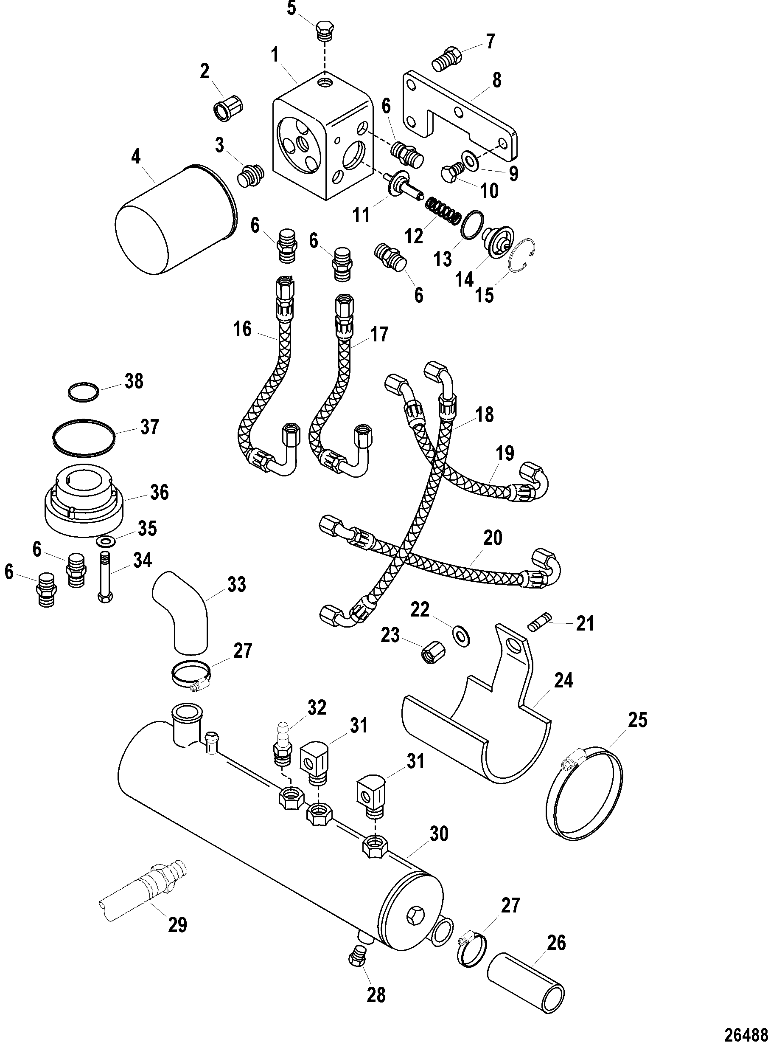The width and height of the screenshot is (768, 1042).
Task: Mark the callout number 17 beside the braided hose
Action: (x=378, y=335)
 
